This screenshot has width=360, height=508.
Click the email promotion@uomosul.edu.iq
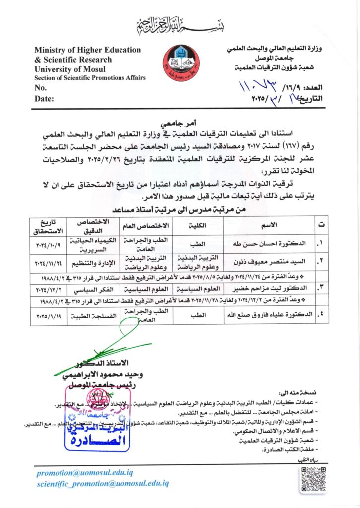tap(85, 473)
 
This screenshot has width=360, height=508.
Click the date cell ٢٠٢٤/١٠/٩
tap(48, 244)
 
